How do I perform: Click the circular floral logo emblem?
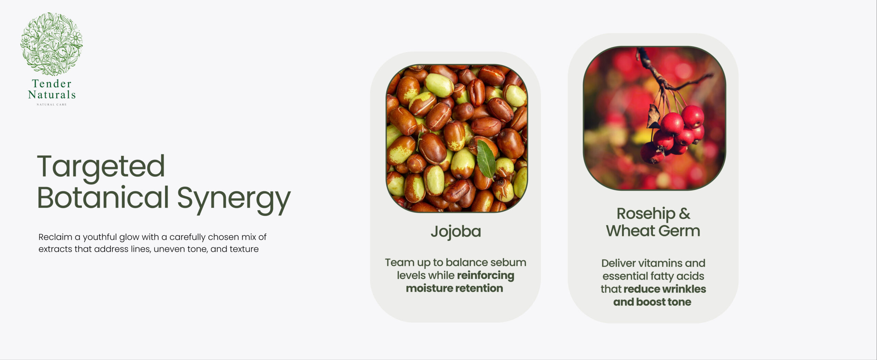pos(51,44)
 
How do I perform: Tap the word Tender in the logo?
pos(52,83)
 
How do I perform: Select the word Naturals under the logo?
pos(52,94)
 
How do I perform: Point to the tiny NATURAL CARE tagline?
pos(52,104)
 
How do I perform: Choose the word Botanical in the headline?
pos(103,197)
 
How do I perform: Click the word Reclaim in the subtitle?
pos(55,237)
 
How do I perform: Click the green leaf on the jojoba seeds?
pos(486,159)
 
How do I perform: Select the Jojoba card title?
pos(456,232)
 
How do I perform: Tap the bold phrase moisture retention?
pos(455,288)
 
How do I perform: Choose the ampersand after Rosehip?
pos(684,213)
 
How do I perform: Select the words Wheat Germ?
pos(653,231)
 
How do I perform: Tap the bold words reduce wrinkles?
pos(665,289)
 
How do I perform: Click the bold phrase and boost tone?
pos(652,302)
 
